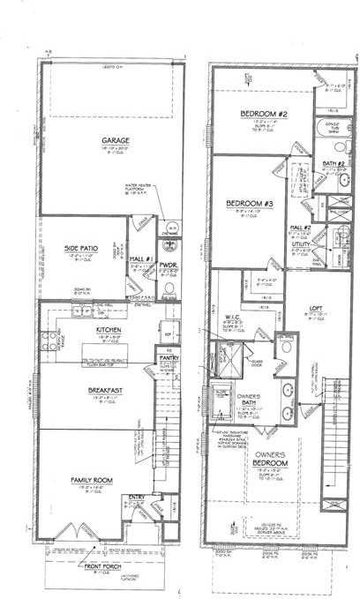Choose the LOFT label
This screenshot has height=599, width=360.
coord(319,310)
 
